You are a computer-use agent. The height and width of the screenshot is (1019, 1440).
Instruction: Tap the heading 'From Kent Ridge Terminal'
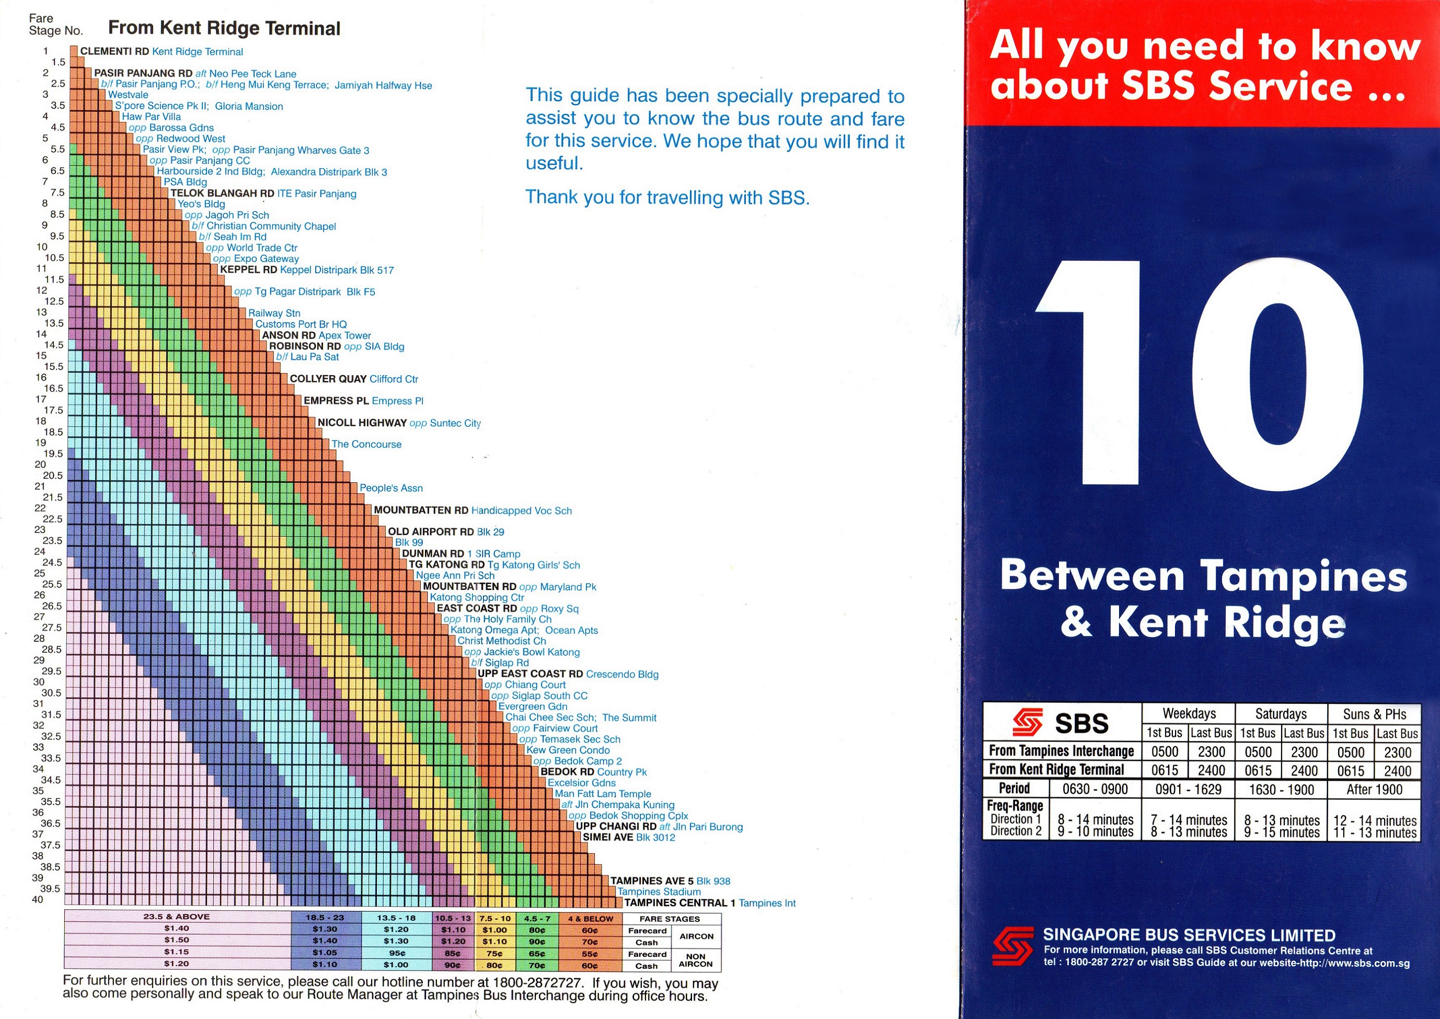point(224,28)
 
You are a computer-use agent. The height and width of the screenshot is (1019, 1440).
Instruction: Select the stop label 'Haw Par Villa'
point(151,117)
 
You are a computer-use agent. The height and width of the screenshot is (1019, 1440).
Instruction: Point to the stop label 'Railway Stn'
point(274,313)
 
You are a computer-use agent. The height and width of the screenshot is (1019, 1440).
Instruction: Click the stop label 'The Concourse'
point(366,444)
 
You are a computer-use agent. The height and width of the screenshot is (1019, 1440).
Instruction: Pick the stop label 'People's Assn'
point(391,488)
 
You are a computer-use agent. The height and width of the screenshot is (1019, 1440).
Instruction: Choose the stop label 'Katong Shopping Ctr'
point(477,597)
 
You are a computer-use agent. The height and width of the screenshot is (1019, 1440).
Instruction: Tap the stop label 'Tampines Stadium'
point(659,891)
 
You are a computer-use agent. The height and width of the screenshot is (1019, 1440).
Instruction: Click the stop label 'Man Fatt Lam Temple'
point(603,794)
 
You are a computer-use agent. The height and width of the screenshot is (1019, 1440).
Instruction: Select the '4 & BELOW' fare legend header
point(590,919)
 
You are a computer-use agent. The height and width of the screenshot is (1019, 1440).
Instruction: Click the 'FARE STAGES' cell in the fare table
point(670,919)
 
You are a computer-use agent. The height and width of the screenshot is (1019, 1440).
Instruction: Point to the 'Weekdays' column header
point(1189,713)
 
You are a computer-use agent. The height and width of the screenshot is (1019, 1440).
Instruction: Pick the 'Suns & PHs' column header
point(1374,714)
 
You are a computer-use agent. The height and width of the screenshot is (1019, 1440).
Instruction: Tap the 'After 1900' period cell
point(1374,790)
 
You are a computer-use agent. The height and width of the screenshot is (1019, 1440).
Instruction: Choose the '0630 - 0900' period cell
point(1095,790)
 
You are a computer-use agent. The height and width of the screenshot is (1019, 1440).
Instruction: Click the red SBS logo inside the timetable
point(1028,722)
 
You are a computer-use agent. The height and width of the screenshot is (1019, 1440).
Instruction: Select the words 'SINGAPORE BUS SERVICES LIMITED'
point(1189,935)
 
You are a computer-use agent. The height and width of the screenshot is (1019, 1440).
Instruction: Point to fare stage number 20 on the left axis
point(41,465)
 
